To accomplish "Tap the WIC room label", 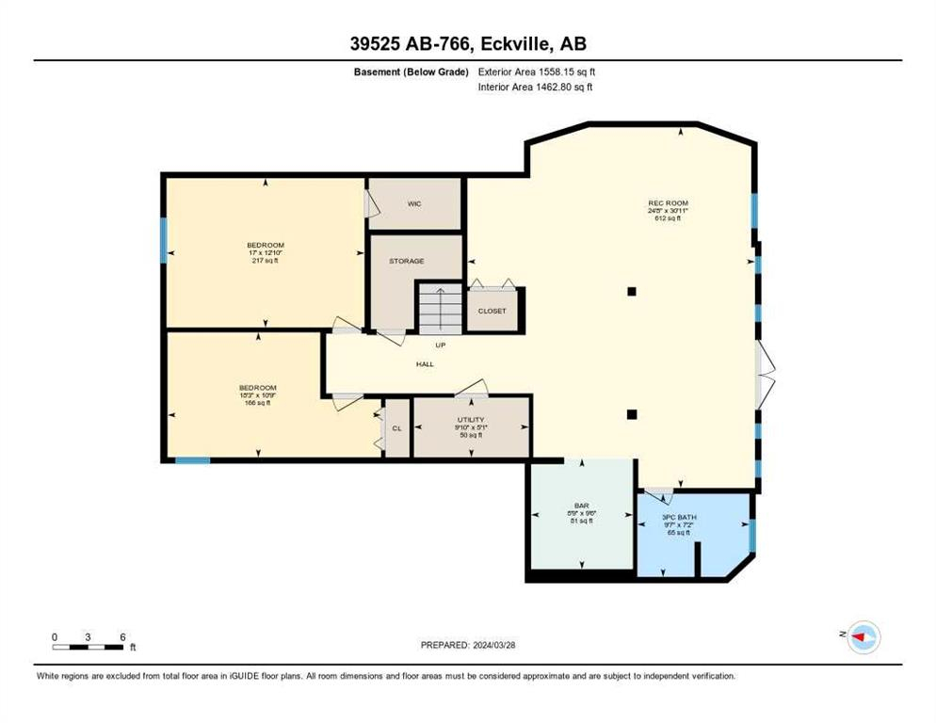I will coord(413,203).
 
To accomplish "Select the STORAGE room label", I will coord(407,261).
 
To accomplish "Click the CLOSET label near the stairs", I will coord(492,311).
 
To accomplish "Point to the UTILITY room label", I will coord(470,420).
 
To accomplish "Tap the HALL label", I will coord(425,363).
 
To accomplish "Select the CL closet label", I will coord(396,428).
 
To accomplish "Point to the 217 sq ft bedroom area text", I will coord(265,261).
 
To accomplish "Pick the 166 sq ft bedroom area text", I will coord(257,403).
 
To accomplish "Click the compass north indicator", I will coord(861,637).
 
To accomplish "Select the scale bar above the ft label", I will coord(89,647).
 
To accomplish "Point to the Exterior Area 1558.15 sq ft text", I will coord(538,72).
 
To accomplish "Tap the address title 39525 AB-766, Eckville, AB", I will coord(467,43).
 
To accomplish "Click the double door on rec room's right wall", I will coord(765,374).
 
